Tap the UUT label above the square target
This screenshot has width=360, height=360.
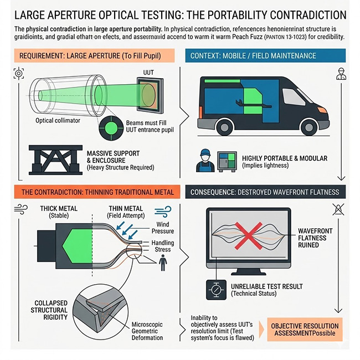tap(148, 73)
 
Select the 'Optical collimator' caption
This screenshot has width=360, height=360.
tap(58, 120)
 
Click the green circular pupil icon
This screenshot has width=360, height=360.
tap(110, 129)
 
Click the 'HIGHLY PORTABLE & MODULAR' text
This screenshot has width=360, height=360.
tap(285, 158)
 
